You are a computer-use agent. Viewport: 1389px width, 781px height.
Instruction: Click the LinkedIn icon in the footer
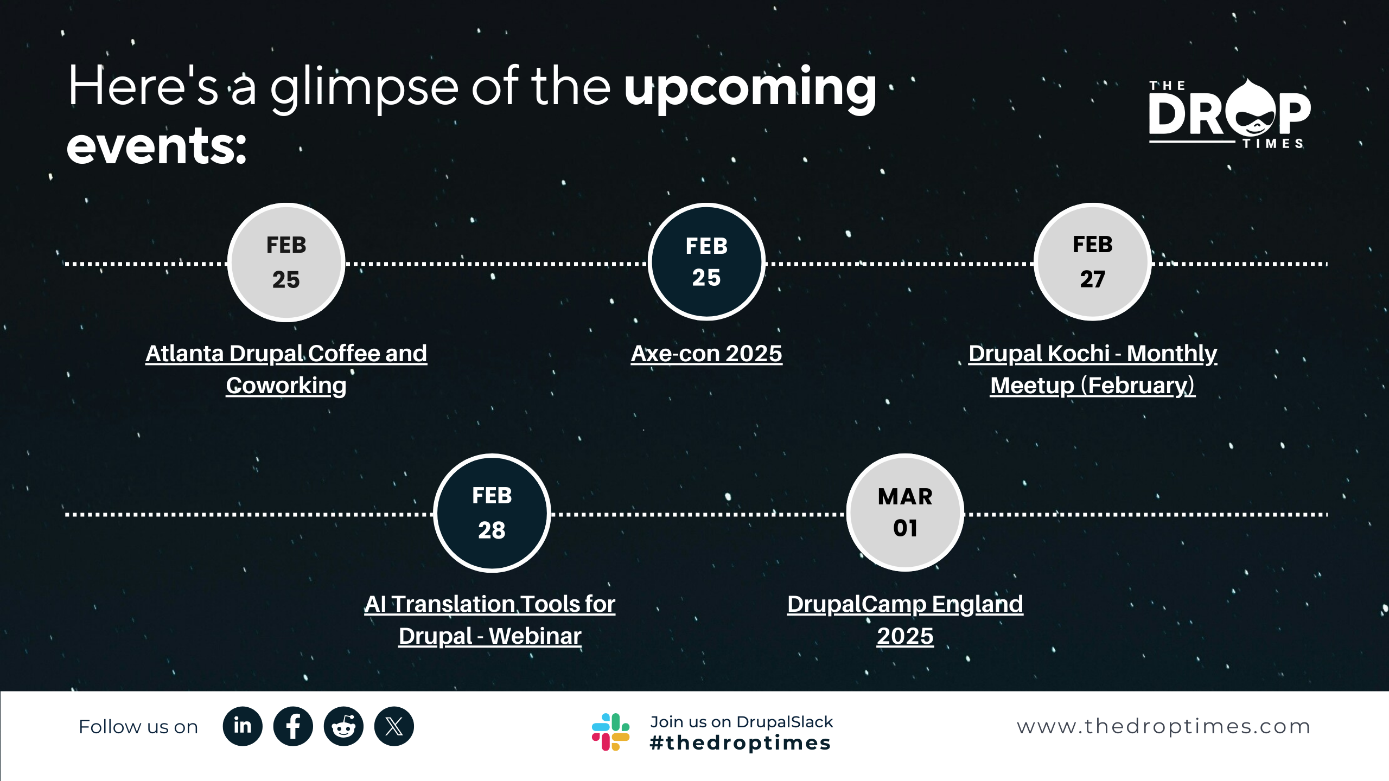coord(243,726)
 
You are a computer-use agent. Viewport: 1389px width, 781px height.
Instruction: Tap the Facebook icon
coord(293,726)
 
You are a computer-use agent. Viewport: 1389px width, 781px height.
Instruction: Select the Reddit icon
coord(343,726)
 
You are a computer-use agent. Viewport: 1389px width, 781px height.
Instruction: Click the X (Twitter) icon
coord(394,726)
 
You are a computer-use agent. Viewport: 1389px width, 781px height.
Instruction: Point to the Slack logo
coord(611,732)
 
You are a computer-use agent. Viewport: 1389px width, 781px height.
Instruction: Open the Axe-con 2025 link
coord(706,354)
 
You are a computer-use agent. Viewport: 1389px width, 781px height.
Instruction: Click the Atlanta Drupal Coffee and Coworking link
coord(286,369)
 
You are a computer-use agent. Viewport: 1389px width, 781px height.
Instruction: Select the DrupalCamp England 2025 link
coord(905,620)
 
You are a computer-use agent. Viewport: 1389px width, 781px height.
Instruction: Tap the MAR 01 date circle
coord(905,513)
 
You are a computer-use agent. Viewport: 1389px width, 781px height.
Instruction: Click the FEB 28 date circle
coord(492,513)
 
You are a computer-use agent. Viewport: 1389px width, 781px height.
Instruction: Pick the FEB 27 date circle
coord(1093,262)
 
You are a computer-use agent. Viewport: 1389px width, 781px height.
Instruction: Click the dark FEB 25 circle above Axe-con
coord(706,262)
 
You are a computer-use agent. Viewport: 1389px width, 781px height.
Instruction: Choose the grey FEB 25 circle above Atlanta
coord(286,263)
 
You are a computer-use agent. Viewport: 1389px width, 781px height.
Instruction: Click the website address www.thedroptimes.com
coord(1164,727)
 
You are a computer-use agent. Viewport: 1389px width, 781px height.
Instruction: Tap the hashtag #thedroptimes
coord(740,742)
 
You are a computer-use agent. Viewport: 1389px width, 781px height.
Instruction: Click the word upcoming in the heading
coord(750,89)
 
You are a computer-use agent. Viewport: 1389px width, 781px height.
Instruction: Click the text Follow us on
coord(138,727)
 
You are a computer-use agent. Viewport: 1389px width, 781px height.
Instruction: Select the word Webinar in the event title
coord(535,636)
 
